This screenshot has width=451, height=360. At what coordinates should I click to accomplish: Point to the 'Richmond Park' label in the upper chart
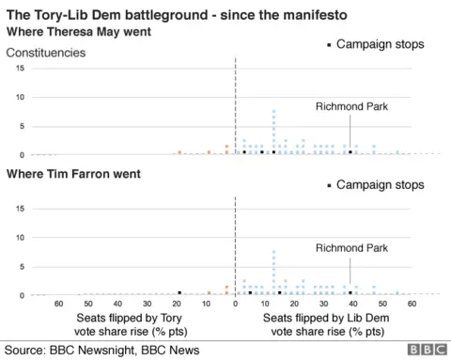pos(350,107)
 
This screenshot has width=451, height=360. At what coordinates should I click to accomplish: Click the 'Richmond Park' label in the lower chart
pos(350,248)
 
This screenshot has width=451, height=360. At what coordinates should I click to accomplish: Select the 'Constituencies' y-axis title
pos(46,53)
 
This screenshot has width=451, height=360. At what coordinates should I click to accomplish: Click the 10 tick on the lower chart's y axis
pos(19,238)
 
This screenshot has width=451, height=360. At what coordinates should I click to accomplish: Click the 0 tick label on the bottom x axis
pos(235,305)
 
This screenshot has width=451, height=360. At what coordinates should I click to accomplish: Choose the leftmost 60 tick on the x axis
pos(58,305)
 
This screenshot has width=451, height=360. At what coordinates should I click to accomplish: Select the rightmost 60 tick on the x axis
pos(412,305)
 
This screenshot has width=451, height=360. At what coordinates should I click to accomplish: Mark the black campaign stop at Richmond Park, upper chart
pos(350,151)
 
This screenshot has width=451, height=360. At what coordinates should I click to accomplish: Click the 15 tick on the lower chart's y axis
pos(19,209)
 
